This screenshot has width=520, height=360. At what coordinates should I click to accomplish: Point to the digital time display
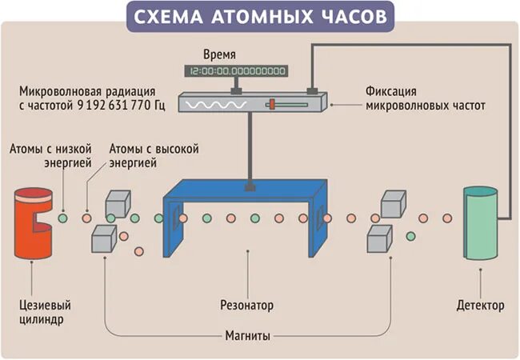(x=236, y=71)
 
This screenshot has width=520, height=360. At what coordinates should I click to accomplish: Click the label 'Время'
(x=220, y=55)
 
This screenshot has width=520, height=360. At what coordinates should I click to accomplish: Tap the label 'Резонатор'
(x=247, y=306)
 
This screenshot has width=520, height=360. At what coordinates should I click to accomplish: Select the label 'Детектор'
(x=481, y=306)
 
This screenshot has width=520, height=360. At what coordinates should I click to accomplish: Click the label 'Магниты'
(x=246, y=334)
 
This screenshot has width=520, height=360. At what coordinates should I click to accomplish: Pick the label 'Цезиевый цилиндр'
(x=41, y=312)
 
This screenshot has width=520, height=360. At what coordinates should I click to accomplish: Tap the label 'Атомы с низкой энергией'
(x=50, y=155)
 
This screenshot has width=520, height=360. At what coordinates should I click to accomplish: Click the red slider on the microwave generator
(x=271, y=105)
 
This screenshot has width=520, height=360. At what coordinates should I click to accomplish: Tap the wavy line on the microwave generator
(x=211, y=105)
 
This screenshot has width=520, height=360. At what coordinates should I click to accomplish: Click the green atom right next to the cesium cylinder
(x=62, y=217)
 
